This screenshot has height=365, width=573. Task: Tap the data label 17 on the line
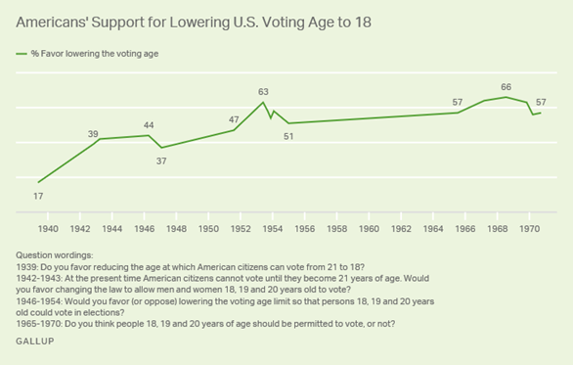point(39,198)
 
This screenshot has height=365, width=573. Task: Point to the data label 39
point(94,134)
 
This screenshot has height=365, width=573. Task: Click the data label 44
point(149,125)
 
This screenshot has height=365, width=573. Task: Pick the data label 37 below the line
point(162,160)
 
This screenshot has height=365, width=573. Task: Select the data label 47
point(234,119)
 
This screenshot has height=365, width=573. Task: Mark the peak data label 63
point(262,92)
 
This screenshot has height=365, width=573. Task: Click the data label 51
point(288,136)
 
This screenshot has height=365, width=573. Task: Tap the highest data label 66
point(506,87)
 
